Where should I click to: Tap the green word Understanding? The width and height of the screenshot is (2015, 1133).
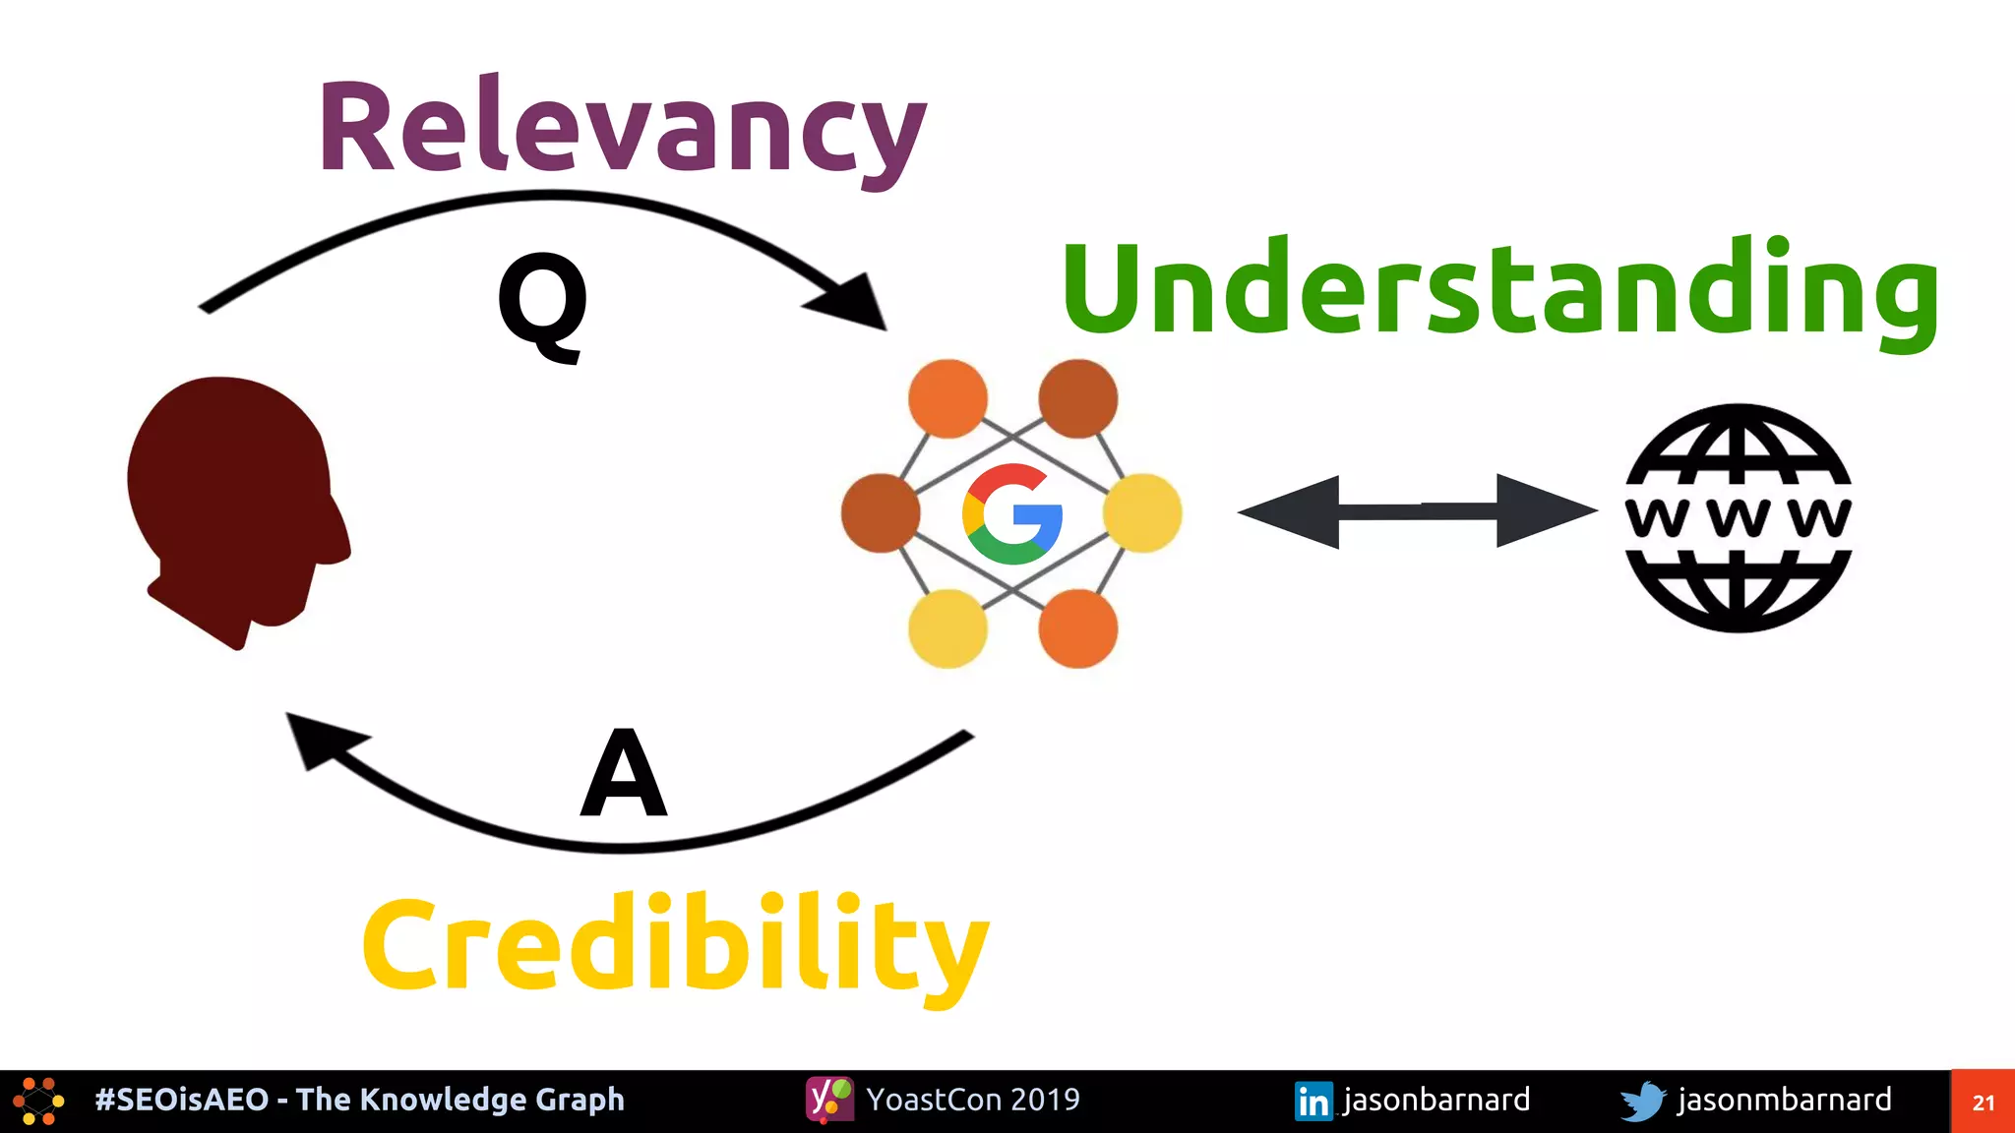coord(1500,290)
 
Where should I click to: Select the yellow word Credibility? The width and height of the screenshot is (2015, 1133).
coord(675,944)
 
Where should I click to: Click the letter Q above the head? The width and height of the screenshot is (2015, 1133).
coord(542,302)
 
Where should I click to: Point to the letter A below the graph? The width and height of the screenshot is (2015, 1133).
coord(624,774)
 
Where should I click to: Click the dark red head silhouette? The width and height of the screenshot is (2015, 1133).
coord(236,502)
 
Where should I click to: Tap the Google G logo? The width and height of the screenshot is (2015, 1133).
coord(1012,513)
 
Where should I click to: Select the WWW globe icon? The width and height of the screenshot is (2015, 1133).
coord(1739,517)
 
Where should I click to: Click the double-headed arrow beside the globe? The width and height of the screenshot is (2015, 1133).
coord(1417,511)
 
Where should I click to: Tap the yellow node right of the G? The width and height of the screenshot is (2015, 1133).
coord(1142,512)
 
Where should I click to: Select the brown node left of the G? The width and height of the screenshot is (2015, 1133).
coord(881,512)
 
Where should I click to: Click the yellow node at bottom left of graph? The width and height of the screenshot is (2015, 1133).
coord(947,628)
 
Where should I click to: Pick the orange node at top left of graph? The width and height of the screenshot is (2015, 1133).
coord(947,398)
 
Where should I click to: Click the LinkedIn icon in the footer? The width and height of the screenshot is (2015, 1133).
coord(1313,1101)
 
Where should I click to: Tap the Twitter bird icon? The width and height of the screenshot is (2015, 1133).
coord(1642,1101)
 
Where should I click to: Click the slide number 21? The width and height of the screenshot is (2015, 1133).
coord(1983,1103)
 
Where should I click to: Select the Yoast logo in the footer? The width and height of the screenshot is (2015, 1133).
coord(829,1100)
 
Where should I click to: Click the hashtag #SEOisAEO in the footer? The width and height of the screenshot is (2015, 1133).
coord(181,1100)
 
